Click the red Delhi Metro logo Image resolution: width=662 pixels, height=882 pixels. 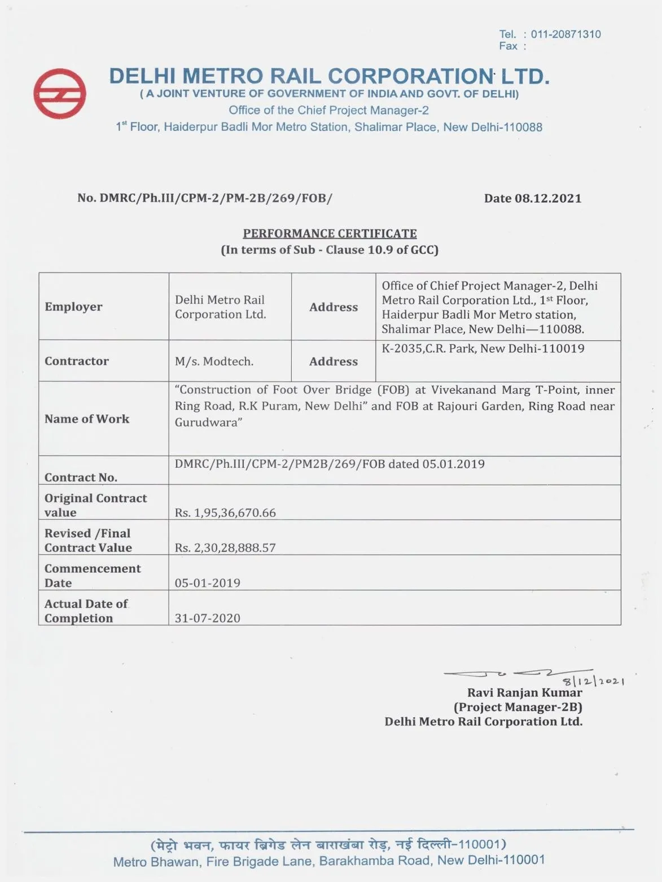click(x=60, y=94)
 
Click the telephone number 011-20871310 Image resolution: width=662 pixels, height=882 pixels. click(x=565, y=34)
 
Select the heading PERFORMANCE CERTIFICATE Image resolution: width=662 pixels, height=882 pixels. click(x=330, y=234)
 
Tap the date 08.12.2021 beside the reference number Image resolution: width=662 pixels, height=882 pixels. click(x=547, y=199)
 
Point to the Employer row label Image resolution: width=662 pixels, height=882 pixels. click(x=73, y=307)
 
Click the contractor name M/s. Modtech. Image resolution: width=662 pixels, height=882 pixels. click(x=214, y=362)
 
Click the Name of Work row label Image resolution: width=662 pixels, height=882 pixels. click(x=87, y=419)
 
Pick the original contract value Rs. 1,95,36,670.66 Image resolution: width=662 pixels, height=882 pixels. click(x=225, y=513)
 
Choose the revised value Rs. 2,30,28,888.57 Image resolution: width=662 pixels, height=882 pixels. click(x=225, y=548)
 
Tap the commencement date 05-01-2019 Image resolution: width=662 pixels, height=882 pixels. click(x=207, y=583)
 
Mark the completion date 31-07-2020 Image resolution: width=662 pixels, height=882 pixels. click(x=207, y=618)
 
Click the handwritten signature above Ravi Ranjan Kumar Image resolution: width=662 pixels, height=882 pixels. click(x=508, y=673)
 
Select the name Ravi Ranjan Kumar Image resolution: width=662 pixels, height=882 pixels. click(x=524, y=693)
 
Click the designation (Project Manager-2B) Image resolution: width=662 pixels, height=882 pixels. click(x=518, y=707)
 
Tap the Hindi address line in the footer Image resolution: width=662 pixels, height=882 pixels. click(x=328, y=845)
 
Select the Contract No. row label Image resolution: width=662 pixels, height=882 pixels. click(x=81, y=477)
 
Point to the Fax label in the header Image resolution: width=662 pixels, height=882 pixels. click(x=508, y=46)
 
